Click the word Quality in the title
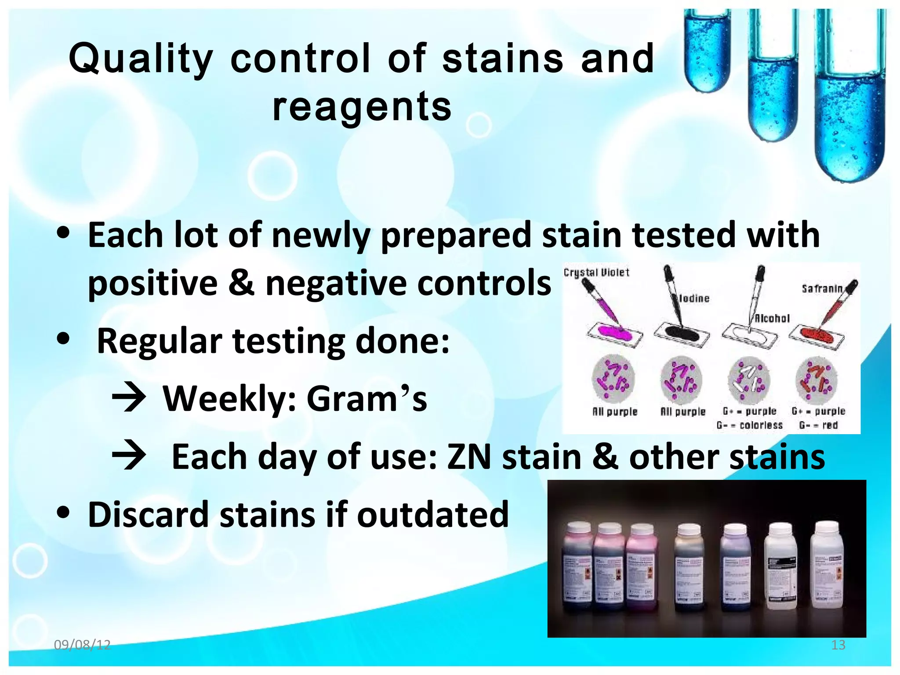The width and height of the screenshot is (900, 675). [141, 59]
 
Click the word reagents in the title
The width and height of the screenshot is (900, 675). [362, 107]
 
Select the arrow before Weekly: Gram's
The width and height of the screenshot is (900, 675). [129, 398]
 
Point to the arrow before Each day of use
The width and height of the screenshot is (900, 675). [129, 456]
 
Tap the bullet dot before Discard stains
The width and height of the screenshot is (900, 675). [64, 512]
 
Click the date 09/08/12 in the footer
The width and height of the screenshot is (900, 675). [82, 645]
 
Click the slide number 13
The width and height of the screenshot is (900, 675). [838, 645]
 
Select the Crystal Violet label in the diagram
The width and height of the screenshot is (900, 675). [596, 272]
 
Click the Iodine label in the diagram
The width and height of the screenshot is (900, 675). [694, 298]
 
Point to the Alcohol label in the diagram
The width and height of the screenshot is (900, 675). [772, 318]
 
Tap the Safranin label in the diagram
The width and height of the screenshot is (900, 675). [822, 289]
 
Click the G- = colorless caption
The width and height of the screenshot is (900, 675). [749, 425]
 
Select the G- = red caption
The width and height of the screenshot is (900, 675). [818, 425]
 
